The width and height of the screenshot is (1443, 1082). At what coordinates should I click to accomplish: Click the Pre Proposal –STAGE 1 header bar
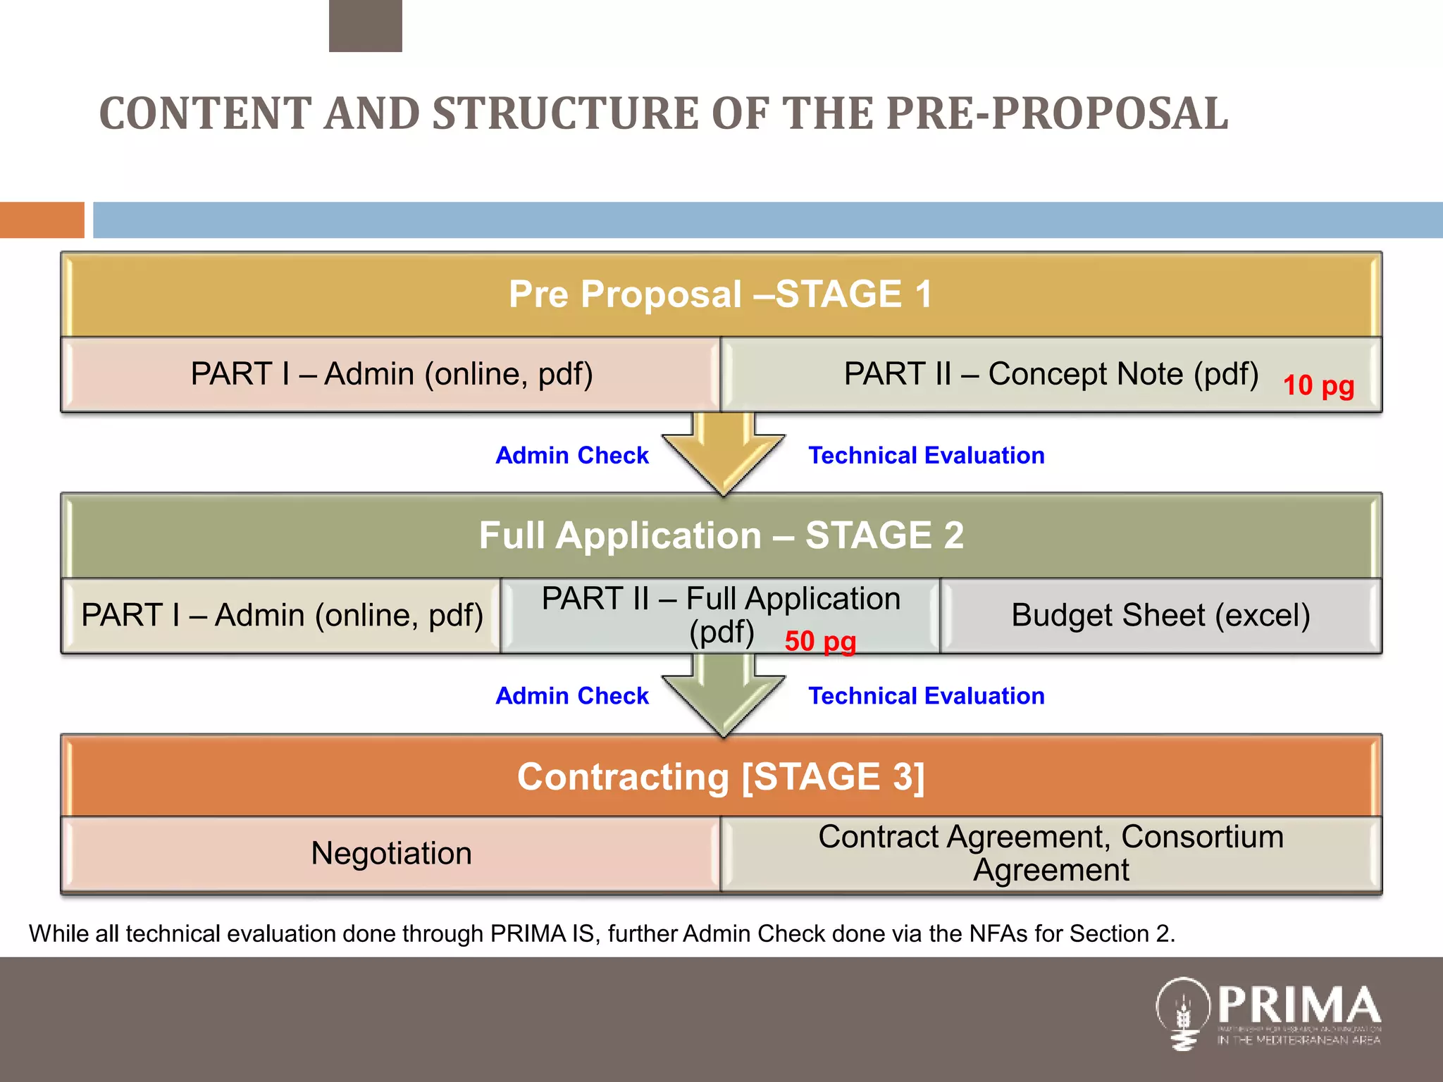tap(720, 294)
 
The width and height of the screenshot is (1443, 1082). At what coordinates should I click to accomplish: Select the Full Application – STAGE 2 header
tap(720, 535)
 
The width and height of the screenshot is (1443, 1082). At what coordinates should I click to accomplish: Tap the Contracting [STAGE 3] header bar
tap(720, 776)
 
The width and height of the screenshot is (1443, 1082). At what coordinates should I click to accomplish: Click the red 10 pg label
tap(1318, 386)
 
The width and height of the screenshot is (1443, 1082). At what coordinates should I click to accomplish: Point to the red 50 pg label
tap(820, 642)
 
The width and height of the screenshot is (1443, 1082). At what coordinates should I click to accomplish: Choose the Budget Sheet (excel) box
tap(1160, 616)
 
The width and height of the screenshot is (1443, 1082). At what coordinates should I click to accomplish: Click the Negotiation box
tap(391, 854)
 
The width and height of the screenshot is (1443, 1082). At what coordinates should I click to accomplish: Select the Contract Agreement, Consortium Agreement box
tap(1051, 854)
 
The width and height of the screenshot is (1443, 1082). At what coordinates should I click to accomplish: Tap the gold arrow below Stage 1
tap(724, 454)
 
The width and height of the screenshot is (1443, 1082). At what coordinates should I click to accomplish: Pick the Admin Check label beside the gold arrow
tap(572, 456)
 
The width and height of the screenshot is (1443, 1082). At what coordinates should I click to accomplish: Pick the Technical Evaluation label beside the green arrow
tap(926, 696)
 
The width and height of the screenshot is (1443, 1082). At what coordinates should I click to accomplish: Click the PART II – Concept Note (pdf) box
tap(1051, 375)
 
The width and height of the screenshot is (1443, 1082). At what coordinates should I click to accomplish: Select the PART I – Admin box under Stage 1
tap(391, 375)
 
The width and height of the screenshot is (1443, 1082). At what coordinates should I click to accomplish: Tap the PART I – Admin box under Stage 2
tap(281, 616)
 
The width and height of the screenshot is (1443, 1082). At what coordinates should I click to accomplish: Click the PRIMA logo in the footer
tap(1268, 1013)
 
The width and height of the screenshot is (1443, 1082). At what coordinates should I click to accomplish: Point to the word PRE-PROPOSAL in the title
tap(1057, 113)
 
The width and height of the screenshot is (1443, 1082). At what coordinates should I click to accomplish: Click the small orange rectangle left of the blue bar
tap(42, 220)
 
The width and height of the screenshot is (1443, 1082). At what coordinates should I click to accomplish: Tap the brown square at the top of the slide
tap(365, 25)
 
